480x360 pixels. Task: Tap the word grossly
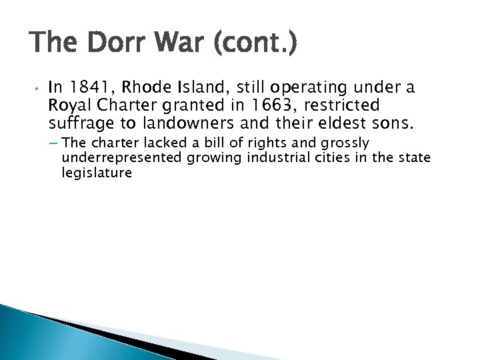(347, 143)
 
